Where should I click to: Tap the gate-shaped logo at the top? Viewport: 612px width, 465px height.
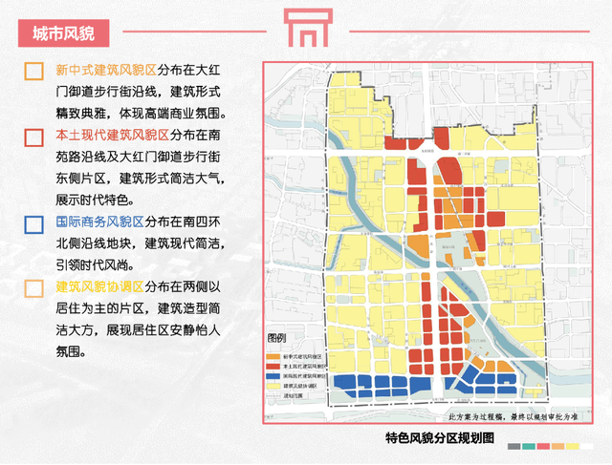tap(305, 29)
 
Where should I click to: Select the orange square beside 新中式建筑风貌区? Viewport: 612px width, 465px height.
tap(34, 72)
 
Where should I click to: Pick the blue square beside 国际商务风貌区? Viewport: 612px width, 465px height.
tap(34, 224)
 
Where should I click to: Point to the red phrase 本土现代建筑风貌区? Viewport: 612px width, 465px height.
tap(113, 137)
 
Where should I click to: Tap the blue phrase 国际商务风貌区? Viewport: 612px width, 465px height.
tap(105, 223)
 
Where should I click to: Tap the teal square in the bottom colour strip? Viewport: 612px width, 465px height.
tap(529, 447)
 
